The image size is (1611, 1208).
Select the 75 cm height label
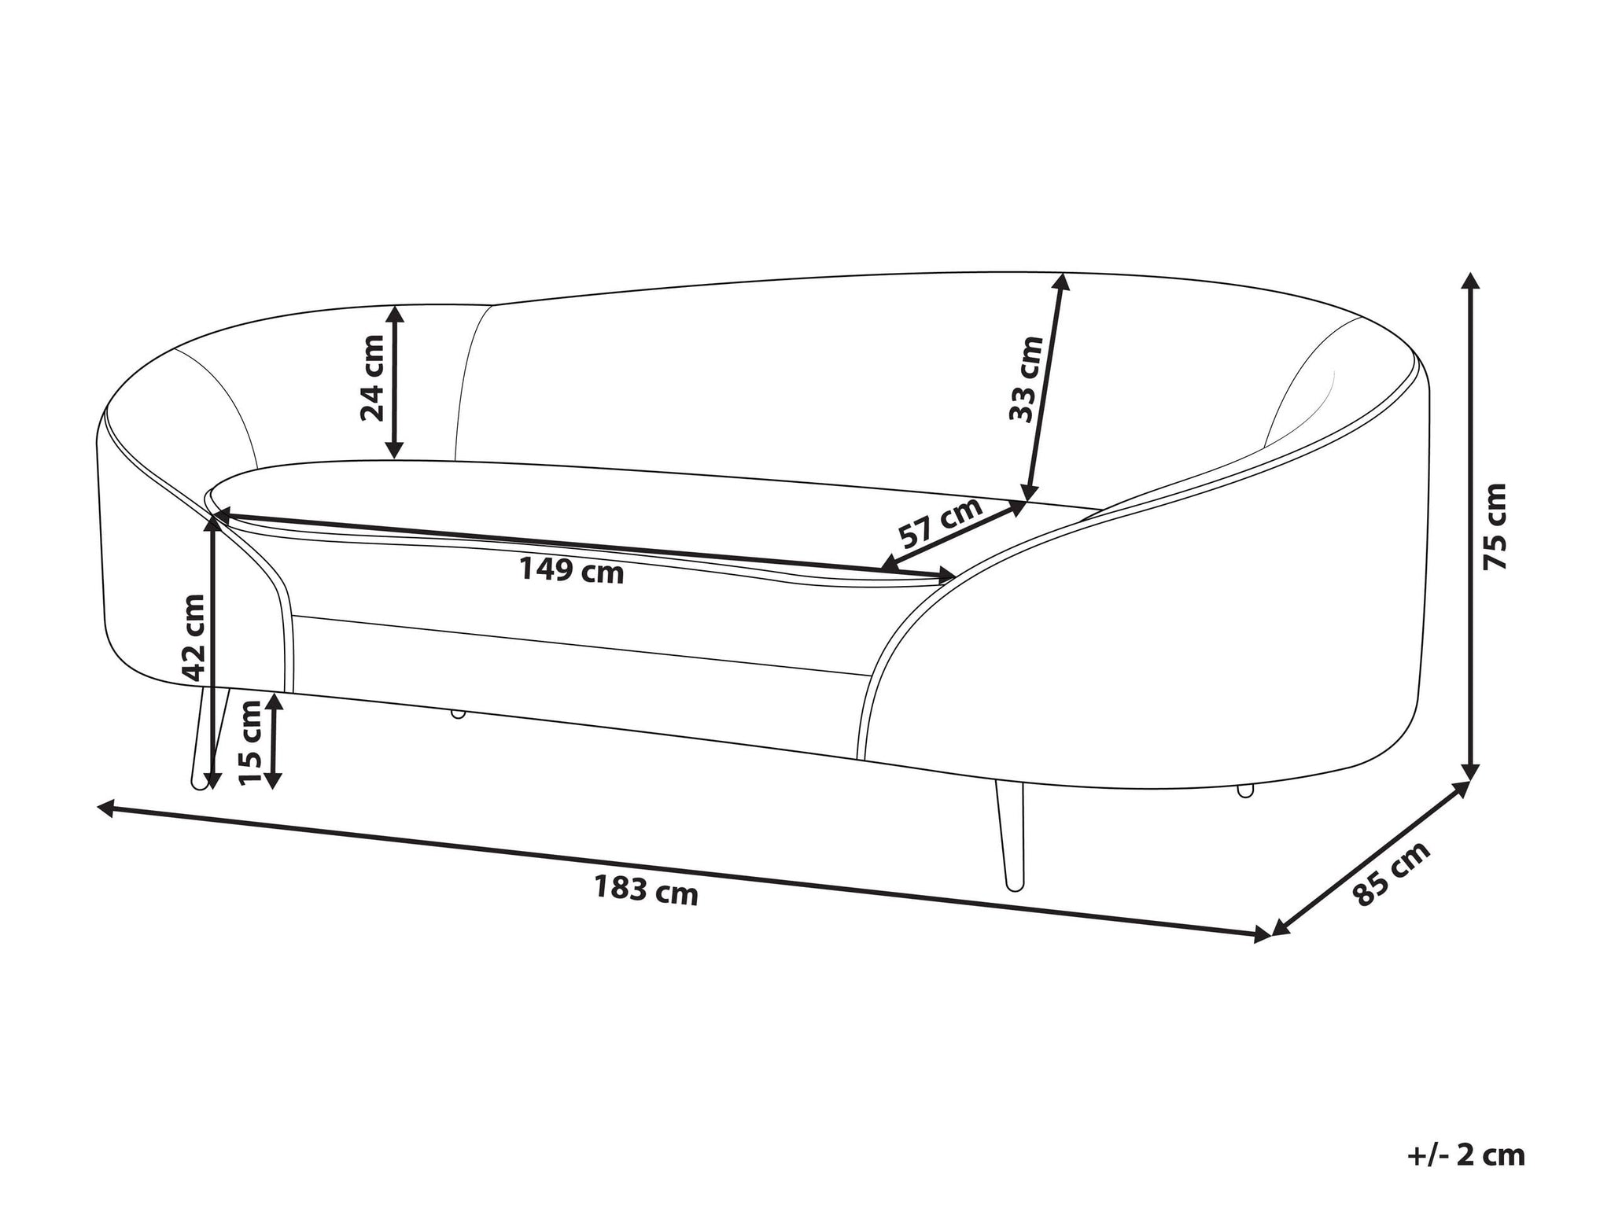click(x=1494, y=527)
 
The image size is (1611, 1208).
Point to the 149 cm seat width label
click(x=572, y=570)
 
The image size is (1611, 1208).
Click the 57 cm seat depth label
click(x=942, y=522)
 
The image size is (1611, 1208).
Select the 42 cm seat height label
click(x=192, y=637)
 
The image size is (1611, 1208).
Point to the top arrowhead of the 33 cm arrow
click(x=1062, y=283)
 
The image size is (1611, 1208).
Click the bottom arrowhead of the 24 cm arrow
click(x=395, y=448)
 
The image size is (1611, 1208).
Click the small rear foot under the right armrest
click(x=1245, y=790)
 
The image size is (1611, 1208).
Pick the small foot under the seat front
click(x=457, y=714)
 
